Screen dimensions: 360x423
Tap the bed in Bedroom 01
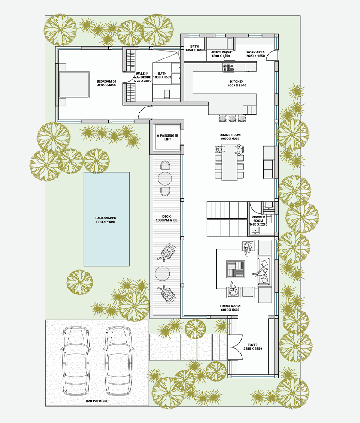tap(74, 85)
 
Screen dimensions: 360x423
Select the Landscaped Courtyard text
tap(106, 220)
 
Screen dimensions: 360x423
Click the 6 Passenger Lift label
tap(167, 137)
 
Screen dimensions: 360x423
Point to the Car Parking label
tap(96, 401)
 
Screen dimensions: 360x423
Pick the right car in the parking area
tap(118, 361)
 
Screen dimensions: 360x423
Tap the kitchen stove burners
tap(229, 67)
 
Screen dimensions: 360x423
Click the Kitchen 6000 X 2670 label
tap(237, 83)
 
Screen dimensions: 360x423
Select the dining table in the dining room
tap(229, 162)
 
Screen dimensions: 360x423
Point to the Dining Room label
tap(230, 137)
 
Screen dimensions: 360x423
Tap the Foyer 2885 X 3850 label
tap(252, 347)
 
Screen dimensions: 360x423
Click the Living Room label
tap(230, 308)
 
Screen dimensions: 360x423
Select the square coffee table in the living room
tap(235, 269)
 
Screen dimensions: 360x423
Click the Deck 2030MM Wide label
tap(166, 218)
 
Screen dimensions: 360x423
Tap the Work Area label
tap(256, 54)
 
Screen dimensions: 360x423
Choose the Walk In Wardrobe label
tap(142, 77)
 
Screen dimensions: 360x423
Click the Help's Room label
tap(220, 54)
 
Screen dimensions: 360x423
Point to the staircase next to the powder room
tap(227, 219)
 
